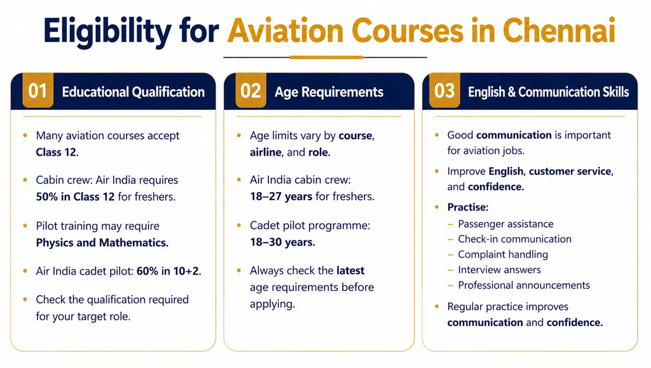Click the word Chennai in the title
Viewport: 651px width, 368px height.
pyautogui.click(x=559, y=31)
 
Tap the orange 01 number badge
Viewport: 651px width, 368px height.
pyautogui.click(x=38, y=90)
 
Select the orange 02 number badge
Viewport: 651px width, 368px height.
pyautogui.click(x=250, y=90)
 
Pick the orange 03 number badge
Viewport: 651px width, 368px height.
pyautogui.click(x=444, y=90)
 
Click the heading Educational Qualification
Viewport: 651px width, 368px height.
pyautogui.click(x=134, y=92)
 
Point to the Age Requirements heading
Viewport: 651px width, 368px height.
pyautogui.click(x=329, y=92)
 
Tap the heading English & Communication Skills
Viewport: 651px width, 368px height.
pyautogui.click(x=549, y=92)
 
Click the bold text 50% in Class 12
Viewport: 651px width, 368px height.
pyautogui.click(x=75, y=196)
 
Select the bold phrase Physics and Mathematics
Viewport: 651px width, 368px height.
pyautogui.click(x=102, y=242)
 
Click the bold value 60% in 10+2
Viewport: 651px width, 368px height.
pyautogui.click(x=169, y=271)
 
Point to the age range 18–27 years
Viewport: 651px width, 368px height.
pyautogui.click(x=281, y=196)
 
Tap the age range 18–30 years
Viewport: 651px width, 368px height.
pyautogui.click(x=282, y=242)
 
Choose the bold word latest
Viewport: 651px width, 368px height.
pyautogui.click(x=350, y=271)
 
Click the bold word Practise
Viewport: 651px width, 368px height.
pyautogui.click(x=468, y=207)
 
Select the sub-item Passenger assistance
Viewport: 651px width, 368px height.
pyautogui.click(x=505, y=224)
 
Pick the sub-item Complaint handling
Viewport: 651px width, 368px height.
pyautogui.click(x=503, y=254)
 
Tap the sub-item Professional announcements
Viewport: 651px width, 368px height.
pyautogui.click(x=524, y=285)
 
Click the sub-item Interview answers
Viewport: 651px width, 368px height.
pyautogui.click(x=500, y=269)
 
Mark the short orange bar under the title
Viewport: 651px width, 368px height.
pyautogui.click(x=326, y=57)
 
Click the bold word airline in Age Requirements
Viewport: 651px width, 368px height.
pyautogui.click(x=266, y=153)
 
